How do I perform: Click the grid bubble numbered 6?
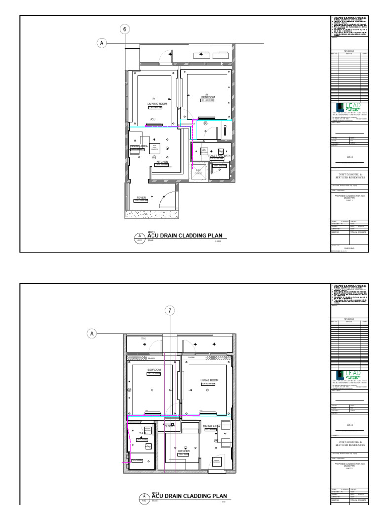125,29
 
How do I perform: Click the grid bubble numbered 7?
171,311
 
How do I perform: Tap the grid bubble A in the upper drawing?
102,43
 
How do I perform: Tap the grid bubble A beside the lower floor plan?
92,334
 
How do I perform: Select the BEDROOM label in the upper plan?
208,97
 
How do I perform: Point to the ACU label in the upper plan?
153,119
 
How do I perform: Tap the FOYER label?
141,197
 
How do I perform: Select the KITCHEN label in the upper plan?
162,162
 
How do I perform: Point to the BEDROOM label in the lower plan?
154,369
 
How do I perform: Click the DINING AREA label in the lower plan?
211,425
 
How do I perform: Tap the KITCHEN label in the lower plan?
184,451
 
